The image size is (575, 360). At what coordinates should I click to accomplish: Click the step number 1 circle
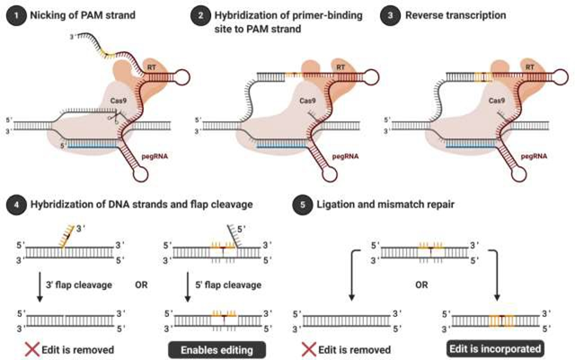16,16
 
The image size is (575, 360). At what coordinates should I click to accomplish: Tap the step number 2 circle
200,16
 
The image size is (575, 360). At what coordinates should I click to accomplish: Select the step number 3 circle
389,16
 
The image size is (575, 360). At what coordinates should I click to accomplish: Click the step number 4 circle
16,205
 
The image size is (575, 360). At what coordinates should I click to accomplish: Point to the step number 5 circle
302,205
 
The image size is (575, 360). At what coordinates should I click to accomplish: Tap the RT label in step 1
152,67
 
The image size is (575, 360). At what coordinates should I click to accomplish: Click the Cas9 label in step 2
307,101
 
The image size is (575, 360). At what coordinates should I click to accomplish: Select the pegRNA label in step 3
534,156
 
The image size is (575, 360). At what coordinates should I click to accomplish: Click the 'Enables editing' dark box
217,350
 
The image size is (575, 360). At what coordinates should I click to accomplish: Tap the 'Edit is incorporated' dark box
495,348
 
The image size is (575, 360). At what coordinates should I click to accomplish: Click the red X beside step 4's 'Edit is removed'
32,349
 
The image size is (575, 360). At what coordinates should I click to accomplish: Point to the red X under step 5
308,349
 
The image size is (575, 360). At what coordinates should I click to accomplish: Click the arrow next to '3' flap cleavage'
40,287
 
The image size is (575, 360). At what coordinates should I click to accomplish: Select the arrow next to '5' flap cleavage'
188,287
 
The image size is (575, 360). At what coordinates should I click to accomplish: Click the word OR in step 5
421,285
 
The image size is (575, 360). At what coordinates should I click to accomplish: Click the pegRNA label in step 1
155,156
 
